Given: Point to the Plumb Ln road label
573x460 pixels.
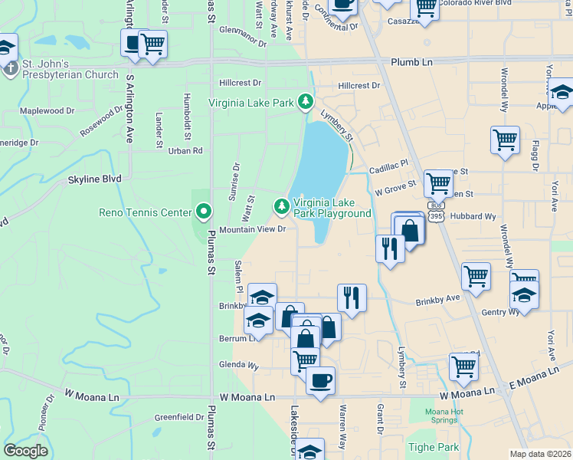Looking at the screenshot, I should tap(411, 62).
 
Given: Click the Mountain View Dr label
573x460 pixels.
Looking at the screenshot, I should tap(252, 229).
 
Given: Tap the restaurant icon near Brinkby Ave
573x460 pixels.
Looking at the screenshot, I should tap(352, 297).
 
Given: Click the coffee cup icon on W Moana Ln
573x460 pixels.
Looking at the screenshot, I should tap(320, 380).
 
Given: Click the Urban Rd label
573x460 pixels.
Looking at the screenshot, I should tap(185, 151).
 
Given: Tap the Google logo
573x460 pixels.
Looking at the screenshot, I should tap(25, 451).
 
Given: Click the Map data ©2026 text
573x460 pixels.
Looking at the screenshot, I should tap(541, 454).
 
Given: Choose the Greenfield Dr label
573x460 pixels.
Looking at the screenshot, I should tap(179, 418).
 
